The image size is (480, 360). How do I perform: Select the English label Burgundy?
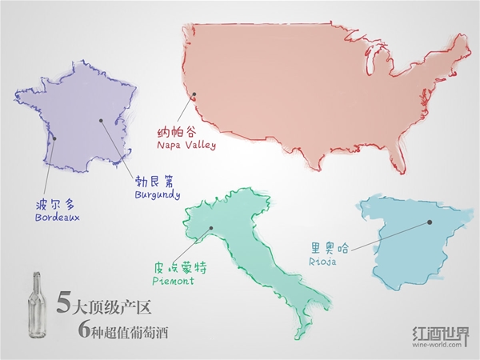(157, 194)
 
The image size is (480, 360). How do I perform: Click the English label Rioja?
(321, 261)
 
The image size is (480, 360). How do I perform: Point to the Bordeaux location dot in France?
(54, 138)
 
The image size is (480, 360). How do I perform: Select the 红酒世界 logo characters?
(440, 332)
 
